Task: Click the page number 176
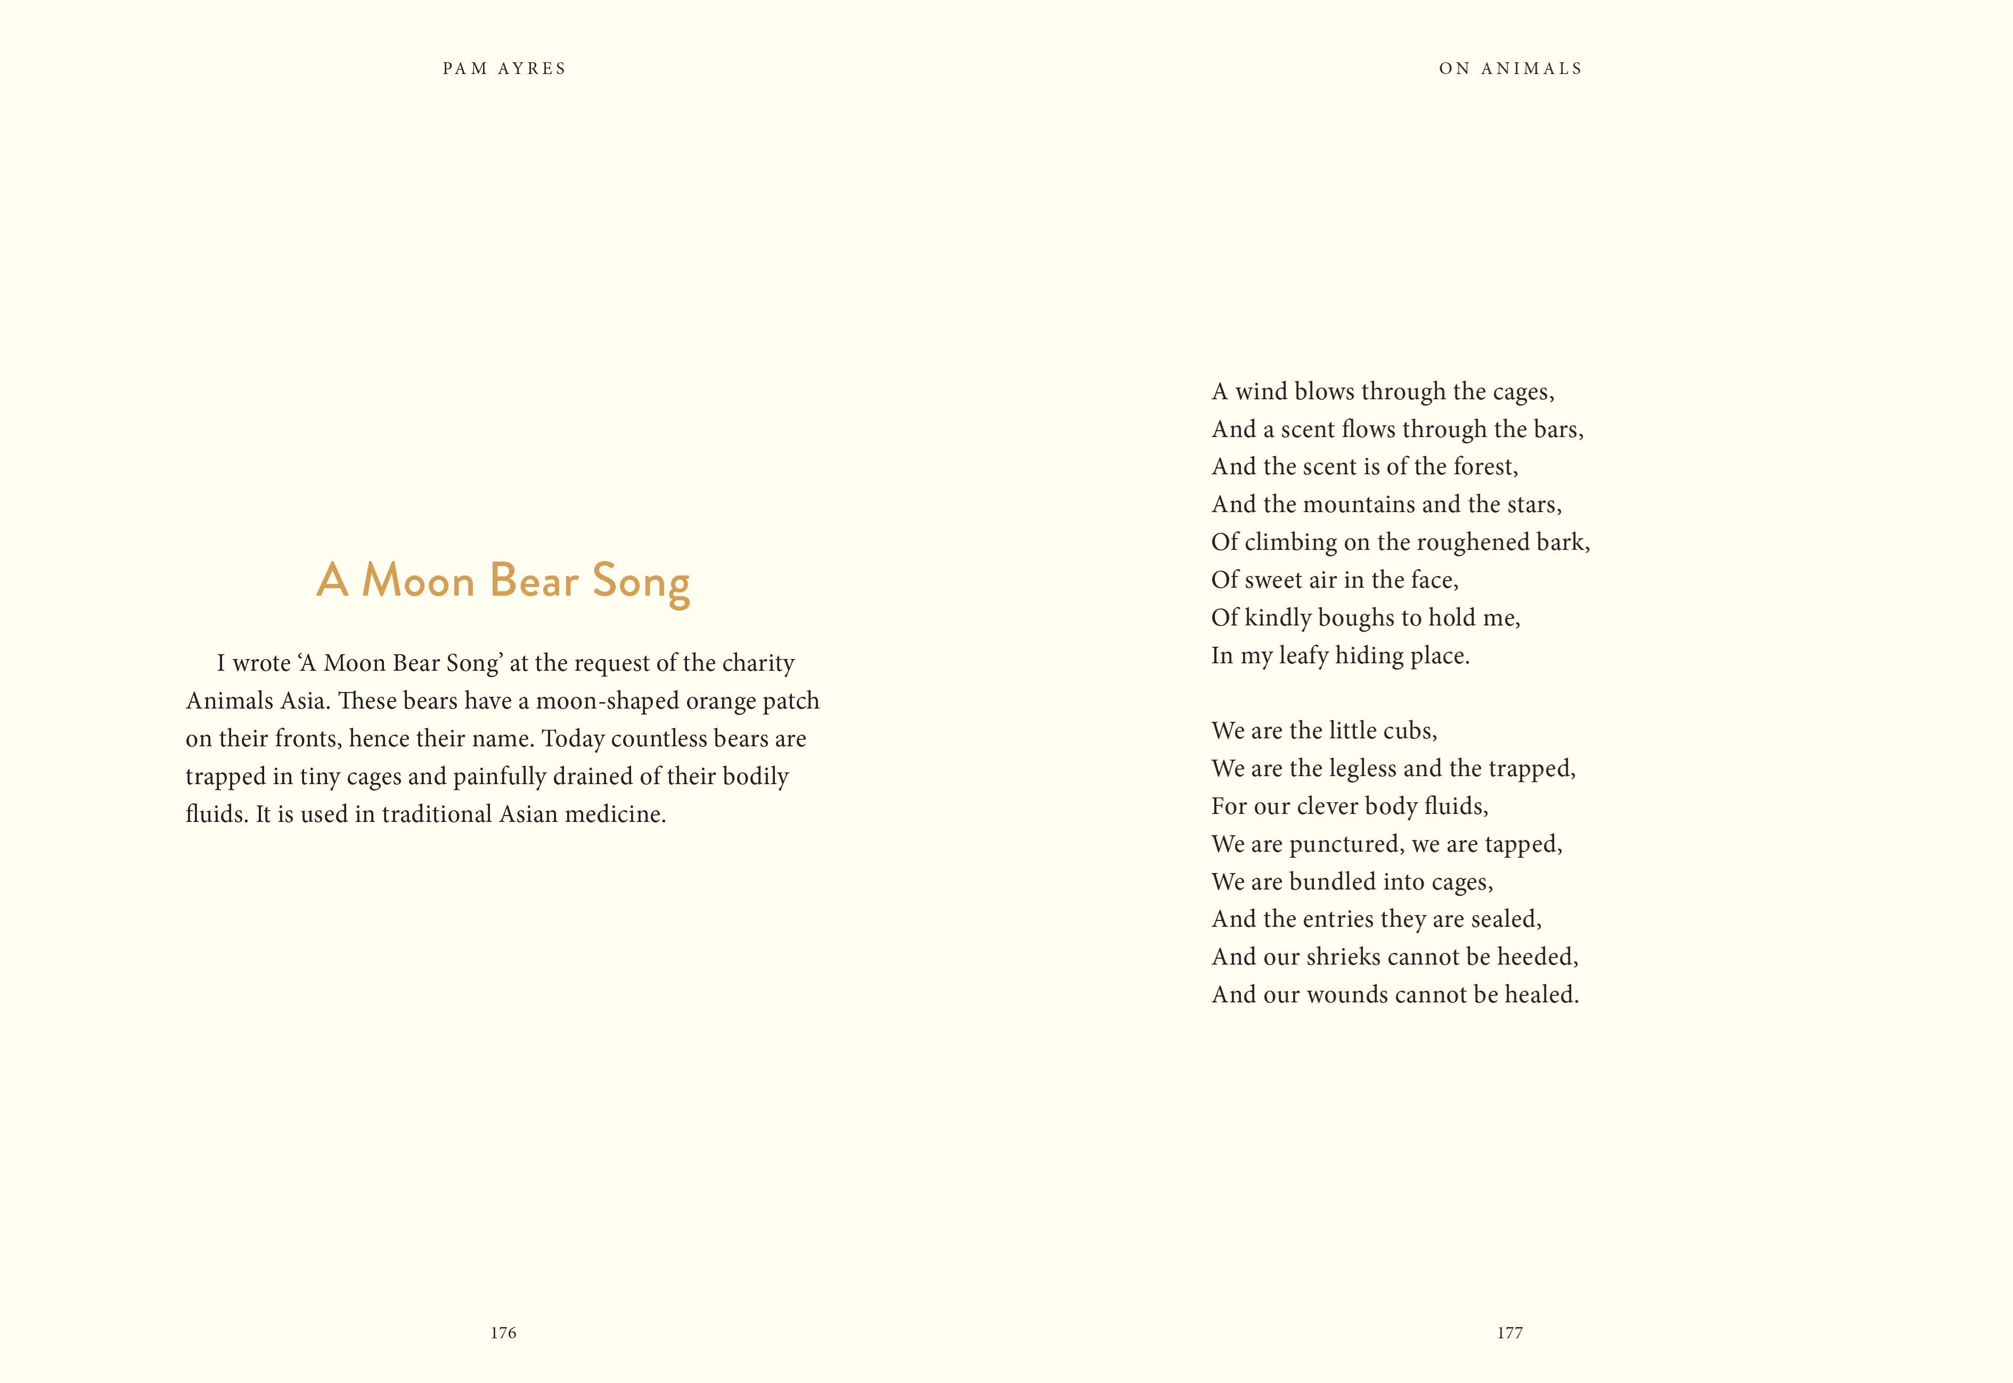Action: point(503,1333)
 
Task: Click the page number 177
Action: point(1509,1333)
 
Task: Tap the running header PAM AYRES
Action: point(504,69)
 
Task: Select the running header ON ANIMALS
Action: point(1510,69)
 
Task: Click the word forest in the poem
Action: point(1484,467)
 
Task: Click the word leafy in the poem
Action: point(1303,656)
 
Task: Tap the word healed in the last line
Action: point(1540,995)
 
